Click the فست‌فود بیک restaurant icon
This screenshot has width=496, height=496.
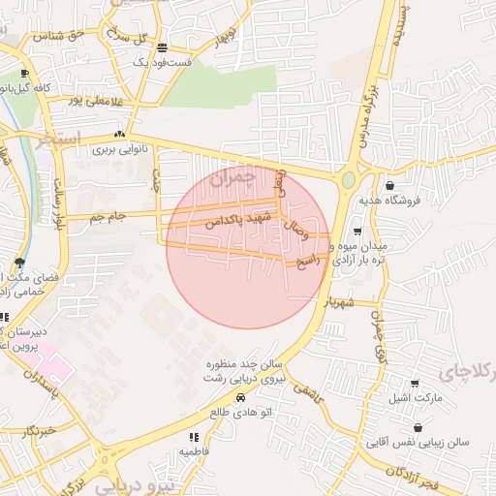(162, 46)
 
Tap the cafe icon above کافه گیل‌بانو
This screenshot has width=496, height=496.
(24, 74)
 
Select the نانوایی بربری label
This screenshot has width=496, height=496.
(118, 150)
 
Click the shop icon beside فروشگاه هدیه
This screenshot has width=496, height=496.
(389, 185)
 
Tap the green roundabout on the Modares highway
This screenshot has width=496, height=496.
(348, 180)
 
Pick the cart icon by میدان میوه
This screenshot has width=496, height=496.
(357, 232)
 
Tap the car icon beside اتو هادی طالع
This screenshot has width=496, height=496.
(240, 397)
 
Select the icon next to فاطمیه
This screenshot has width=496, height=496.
(193, 437)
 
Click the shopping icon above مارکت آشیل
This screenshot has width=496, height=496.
(416, 384)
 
